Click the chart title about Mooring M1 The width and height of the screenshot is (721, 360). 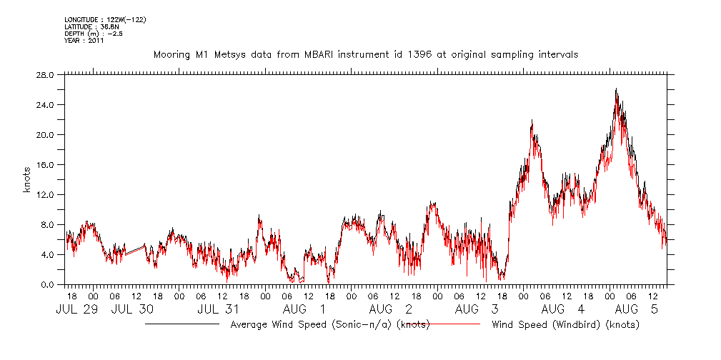[365, 54]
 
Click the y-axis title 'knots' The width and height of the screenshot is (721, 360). [26, 179]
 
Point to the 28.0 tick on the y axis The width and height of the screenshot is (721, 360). [45, 75]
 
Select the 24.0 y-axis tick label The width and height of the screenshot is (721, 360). [45, 105]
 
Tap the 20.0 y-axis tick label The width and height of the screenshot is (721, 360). [45, 135]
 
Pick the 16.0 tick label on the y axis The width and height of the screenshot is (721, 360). [45, 165]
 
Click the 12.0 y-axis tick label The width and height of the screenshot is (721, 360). [45, 195]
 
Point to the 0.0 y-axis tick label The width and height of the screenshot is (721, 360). [47, 285]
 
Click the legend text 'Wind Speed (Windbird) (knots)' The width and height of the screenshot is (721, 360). [565, 325]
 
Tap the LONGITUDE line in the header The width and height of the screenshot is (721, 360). [105, 19]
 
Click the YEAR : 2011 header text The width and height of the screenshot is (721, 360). [84, 41]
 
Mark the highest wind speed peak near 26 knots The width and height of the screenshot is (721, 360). [616, 89]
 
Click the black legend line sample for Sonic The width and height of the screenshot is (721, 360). [182, 325]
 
